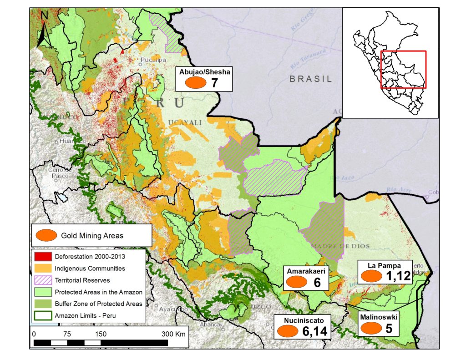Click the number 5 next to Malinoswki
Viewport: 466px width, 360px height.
coord(389,328)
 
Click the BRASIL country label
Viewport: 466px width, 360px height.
coord(311,78)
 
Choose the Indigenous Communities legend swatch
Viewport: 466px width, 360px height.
coord(42,268)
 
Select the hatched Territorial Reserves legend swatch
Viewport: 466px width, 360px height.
coord(42,280)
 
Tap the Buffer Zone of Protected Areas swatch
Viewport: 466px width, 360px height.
coord(42,304)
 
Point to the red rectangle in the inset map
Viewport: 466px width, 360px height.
coord(403,69)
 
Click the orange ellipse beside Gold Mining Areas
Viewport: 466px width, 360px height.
coord(45,235)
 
